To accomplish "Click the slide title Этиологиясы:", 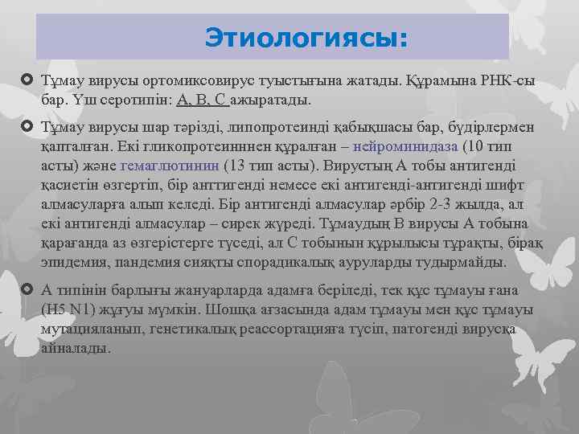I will pos(306,38).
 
